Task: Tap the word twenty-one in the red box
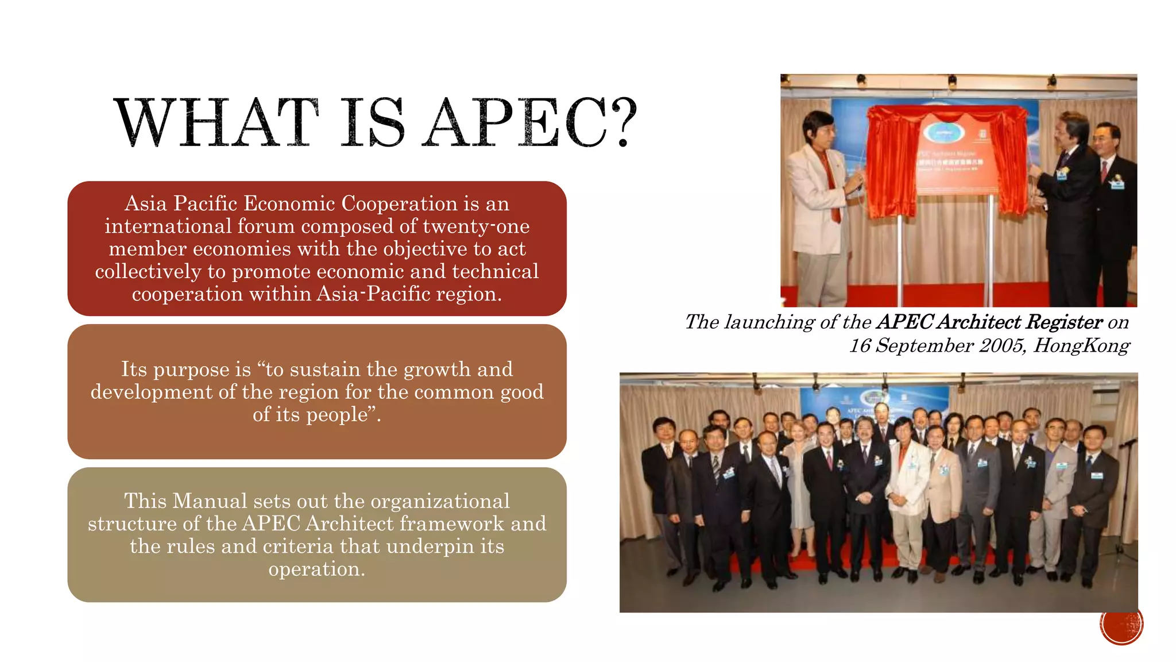point(476,226)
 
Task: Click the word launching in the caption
point(769,322)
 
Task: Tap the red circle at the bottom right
point(1121,625)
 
